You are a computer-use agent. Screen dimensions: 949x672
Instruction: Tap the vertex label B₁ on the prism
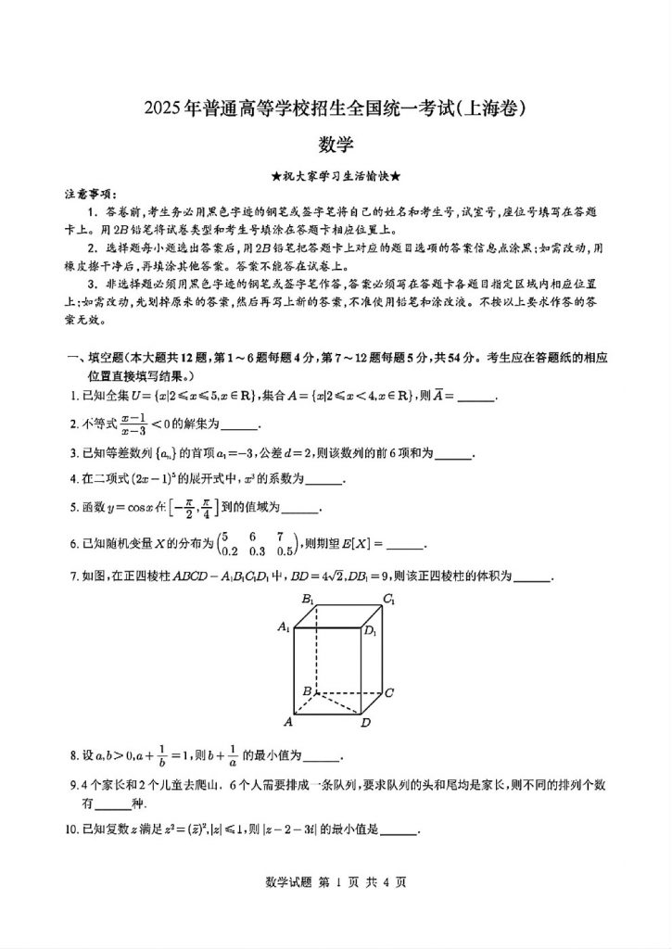click(308, 599)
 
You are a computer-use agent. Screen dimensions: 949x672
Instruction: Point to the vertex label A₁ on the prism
click(284, 627)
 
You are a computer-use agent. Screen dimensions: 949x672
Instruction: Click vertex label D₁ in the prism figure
click(370, 632)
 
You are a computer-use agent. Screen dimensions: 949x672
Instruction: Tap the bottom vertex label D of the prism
click(366, 723)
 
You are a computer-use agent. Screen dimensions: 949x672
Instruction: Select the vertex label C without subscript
click(390, 692)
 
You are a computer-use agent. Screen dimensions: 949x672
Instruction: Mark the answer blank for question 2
click(239, 426)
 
